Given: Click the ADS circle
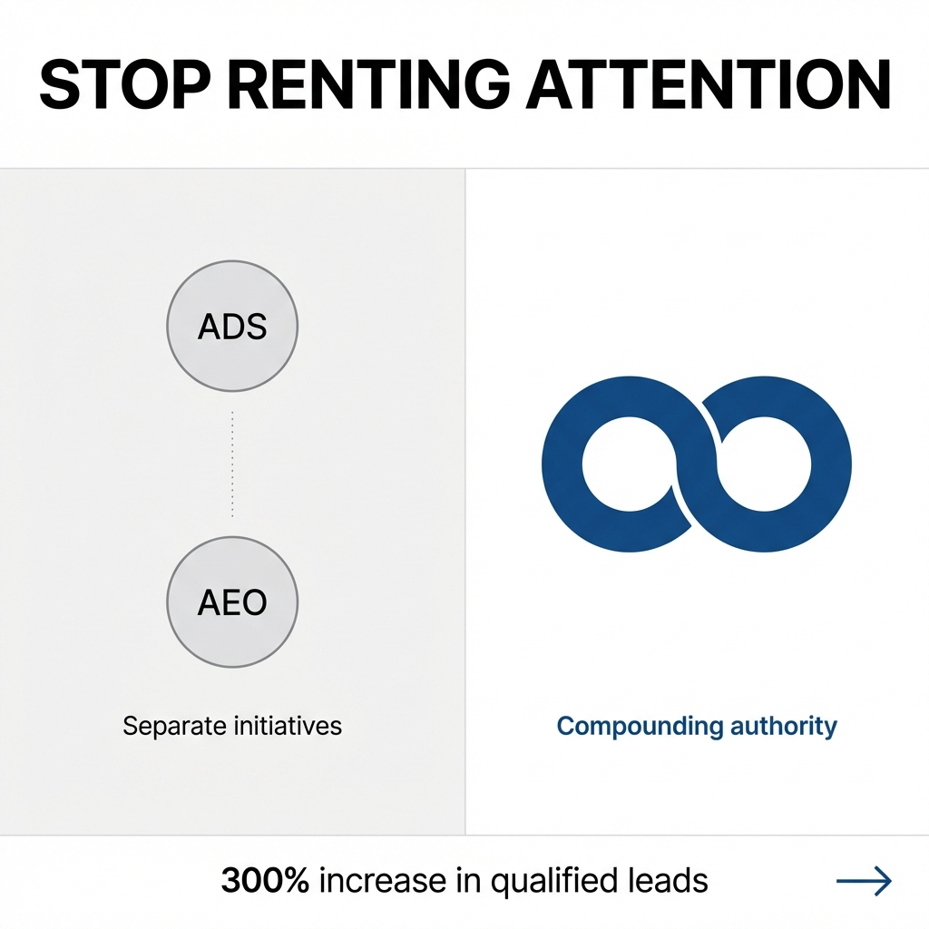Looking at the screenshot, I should [x=232, y=326].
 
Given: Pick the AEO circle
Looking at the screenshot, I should [x=232, y=602].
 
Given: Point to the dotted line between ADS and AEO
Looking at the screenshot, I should [x=232, y=464].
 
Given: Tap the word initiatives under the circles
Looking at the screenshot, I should [x=290, y=726].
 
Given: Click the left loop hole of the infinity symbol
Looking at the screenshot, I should [x=623, y=464].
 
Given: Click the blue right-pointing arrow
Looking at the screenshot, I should [x=864, y=880].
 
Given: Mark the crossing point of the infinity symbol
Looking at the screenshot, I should [x=697, y=464].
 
